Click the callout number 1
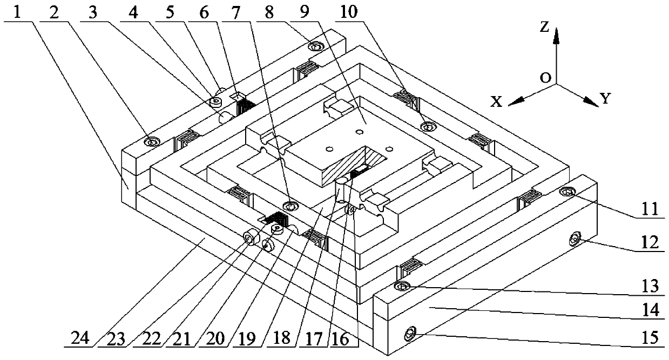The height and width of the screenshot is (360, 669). click(x=18, y=10)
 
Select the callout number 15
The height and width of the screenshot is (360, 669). click(x=651, y=338)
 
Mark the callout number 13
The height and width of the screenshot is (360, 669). click(x=650, y=285)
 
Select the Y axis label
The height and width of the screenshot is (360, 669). click(x=606, y=98)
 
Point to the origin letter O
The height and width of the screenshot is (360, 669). click(x=546, y=78)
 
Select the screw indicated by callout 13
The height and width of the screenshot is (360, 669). click(x=403, y=286)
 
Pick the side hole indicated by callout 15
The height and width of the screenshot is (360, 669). click(x=411, y=335)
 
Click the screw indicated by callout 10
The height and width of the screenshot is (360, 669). click(x=428, y=126)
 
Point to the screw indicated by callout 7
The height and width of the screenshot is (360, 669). click(x=290, y=206)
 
